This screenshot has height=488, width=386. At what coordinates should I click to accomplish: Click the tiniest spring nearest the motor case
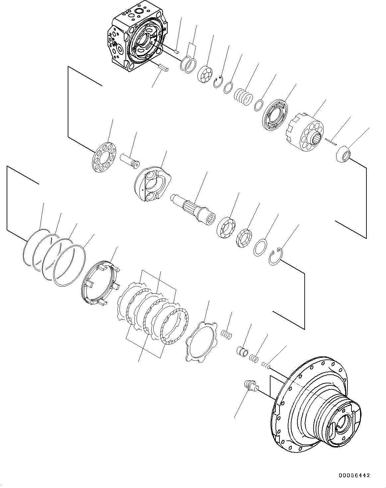click(266, 366)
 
